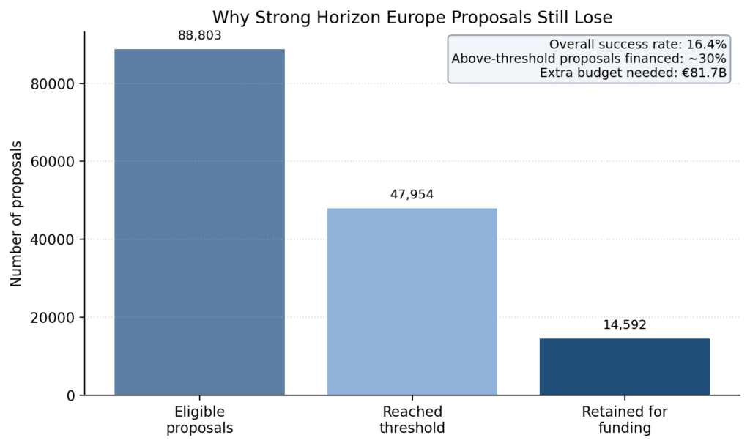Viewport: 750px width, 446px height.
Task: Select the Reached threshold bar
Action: (x=412, y=301)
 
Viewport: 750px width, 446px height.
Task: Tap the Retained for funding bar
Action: (x=625, y=366)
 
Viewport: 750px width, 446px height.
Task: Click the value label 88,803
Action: (x=199, y=35)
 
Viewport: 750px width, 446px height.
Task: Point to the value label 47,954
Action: (x=412, y=194)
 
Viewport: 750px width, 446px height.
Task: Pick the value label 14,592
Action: (x=625, y=324)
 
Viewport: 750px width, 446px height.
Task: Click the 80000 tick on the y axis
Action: (x=53, y=84)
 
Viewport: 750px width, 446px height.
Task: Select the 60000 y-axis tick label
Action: (x=53, y=162)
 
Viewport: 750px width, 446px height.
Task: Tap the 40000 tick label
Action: (x=53, y=239)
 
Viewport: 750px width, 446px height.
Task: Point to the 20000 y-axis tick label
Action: (x=53, y=318)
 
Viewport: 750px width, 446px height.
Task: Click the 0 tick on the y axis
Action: (x=70, y=395)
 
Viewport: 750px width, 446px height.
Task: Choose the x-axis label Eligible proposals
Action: (x=199, y=419)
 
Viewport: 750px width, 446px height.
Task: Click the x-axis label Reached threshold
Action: (x=412, y=419)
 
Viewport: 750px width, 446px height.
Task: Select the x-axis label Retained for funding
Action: (x=625, y=419)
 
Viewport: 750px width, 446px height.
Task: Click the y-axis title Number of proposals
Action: (x=17, y=213)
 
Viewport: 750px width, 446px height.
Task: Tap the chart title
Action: (x=412, y=16)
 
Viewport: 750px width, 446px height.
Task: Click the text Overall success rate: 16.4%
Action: (x=637, y=45)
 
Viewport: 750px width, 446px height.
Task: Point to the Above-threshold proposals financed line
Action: (x=589, y=59)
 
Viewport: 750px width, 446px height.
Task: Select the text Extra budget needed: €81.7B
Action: (x=633, y=73)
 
